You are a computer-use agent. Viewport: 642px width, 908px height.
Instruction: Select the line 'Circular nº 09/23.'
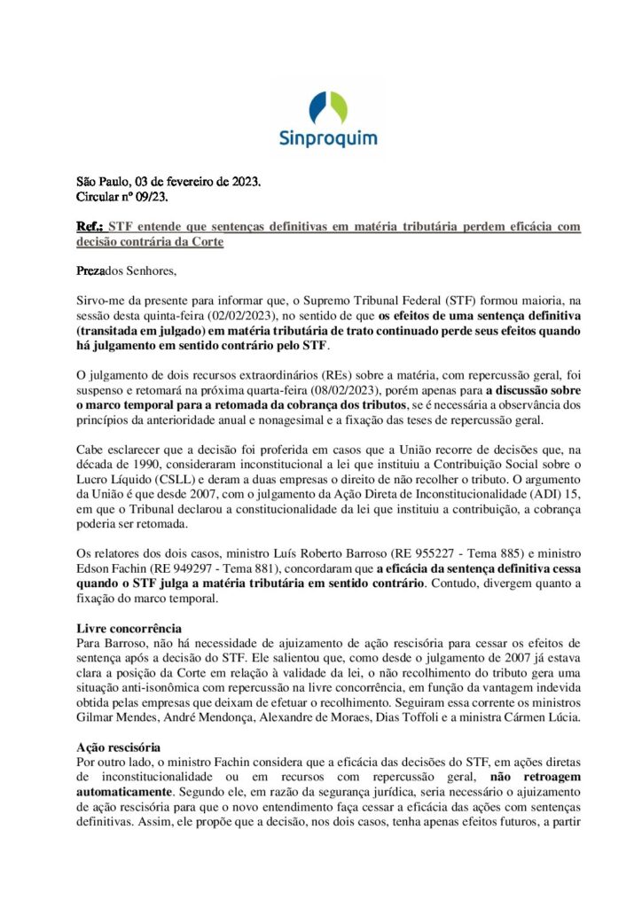[122, 197]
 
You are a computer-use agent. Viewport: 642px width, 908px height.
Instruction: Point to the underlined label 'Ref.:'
[90, 227]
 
